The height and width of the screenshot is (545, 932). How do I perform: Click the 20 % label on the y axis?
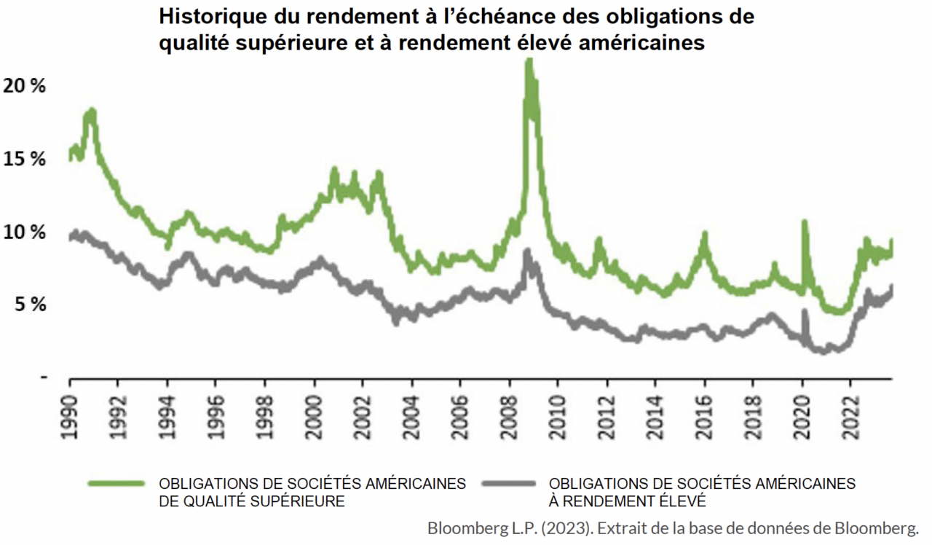tap(24, 86)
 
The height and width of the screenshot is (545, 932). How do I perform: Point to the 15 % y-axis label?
tap(24, 159)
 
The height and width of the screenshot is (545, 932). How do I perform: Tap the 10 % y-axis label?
tap(24, 232)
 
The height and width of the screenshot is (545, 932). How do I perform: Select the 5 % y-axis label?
tap(28, 305)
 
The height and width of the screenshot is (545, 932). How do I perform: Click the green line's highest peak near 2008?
tap(529, 62)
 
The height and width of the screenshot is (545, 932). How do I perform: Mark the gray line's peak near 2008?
tap(527, 251)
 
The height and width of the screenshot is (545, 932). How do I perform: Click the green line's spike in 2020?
tap(805, 221)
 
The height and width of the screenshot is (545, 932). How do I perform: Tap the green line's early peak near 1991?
tap(91, 111)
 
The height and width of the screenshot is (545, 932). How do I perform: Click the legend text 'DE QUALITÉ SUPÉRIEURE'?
tap(252, 501)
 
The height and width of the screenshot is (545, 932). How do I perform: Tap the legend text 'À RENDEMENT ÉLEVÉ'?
tap(628, 501)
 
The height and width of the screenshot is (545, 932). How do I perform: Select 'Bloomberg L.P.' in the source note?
tap(473, 528)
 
